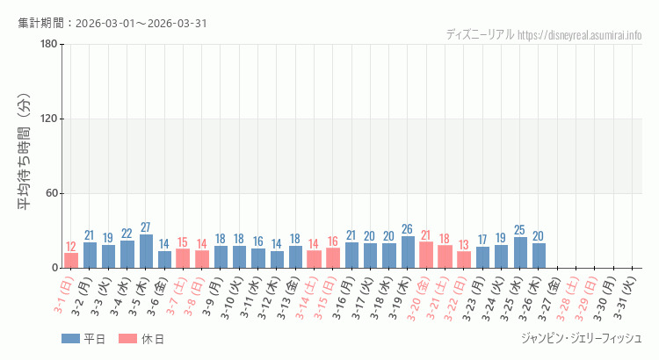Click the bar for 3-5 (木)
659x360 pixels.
click(x=146, y=251)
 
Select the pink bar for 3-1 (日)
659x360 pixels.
click(x=71, y=260)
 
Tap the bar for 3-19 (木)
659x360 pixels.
click(x=408, y=252)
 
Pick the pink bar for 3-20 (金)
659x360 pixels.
click(x=426, y=255)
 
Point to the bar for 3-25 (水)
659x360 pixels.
click(x=520, y=252)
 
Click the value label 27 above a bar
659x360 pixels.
click(x=146, y=227)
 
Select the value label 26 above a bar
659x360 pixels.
click(x=408, y=229)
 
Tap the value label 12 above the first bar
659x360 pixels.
click(x=71, y=247)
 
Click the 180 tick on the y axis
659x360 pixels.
click(x=47, y=45)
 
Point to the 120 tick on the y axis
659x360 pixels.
click(x=47, y=119)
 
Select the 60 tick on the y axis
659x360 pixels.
click(x=50, y=193)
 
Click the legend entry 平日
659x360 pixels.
click(x=83, y=339)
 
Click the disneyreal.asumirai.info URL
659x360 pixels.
click(x=580, y=35)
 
